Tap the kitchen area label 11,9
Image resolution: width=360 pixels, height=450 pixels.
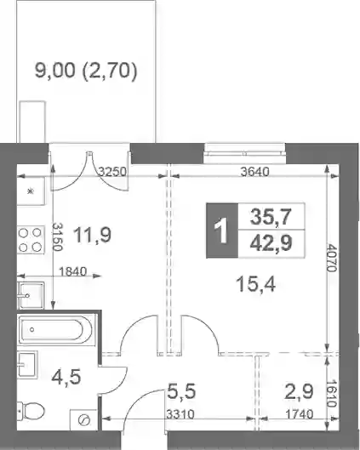click(93, 236)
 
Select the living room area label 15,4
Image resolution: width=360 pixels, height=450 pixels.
click(255, 284)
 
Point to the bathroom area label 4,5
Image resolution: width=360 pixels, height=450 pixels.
click(66, 377)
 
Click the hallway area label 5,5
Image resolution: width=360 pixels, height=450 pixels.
click(181, 391)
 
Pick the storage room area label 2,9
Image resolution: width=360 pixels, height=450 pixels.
click(299, 391)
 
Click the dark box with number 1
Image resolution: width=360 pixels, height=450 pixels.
click(222, 231)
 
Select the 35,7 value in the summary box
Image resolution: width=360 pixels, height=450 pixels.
click(271, 217)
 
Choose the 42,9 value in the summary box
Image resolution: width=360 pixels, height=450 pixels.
click(271, 243)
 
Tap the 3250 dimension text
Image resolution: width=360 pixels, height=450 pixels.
click(112, 172)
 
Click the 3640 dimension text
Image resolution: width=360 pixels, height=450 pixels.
click(255, 172)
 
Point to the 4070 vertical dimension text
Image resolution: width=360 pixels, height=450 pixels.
click(332, 258)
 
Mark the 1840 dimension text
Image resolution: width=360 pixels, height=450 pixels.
click(72, 271)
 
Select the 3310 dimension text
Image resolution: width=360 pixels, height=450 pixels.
click(180, 414)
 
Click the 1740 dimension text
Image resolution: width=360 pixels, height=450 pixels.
click(299, 414)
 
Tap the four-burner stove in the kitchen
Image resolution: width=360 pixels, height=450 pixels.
click(31, 240)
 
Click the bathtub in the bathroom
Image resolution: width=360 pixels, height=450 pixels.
click(56, 330)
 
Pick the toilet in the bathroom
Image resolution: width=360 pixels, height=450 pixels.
click(31, 411)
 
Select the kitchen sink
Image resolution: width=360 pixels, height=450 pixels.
click(31, 295)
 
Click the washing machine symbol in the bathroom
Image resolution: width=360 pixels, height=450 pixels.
click(83, 420)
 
